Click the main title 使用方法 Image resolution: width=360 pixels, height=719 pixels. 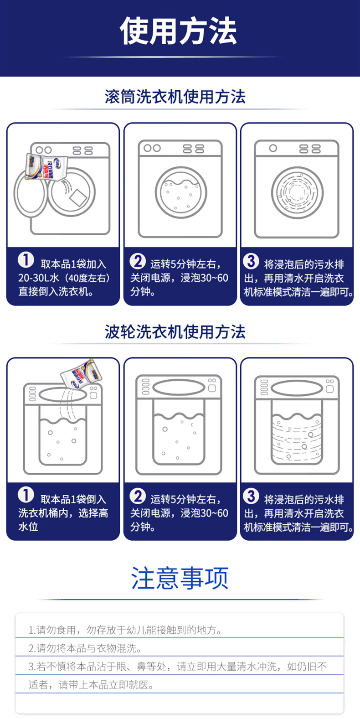178,31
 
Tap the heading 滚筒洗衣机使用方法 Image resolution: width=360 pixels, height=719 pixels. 175,97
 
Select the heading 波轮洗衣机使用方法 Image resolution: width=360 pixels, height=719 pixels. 175,331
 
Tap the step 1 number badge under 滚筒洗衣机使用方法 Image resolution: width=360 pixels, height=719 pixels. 26,260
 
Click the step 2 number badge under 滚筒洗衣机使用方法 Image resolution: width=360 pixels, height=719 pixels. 138,261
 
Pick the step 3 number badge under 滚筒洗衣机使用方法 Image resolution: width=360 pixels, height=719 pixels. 251,261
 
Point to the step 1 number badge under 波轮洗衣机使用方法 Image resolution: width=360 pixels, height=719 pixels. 26,495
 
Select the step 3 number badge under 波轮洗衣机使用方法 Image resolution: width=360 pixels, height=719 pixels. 251,496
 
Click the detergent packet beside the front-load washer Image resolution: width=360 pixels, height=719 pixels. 46,166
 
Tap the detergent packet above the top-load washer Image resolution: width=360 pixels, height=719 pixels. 82,374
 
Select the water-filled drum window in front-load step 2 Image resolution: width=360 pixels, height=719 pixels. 181,192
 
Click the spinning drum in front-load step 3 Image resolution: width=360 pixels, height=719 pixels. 298,192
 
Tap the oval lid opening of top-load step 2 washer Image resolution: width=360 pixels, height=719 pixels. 179,388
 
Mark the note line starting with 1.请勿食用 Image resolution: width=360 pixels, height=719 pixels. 125,630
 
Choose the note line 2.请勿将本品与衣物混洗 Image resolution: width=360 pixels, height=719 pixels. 85,648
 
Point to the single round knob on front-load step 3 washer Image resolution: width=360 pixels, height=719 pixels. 273,148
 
